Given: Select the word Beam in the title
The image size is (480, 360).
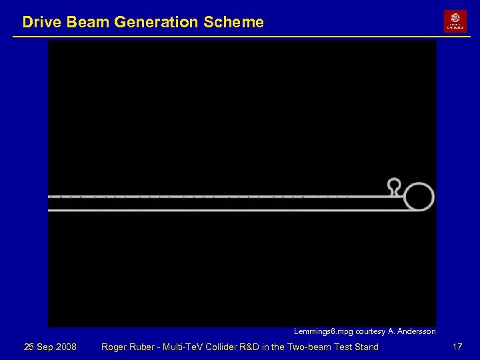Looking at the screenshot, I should (x=89, y=22).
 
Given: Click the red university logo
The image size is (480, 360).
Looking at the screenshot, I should (x=455, y=21).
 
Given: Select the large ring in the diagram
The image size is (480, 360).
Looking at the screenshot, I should (x=419, y=197).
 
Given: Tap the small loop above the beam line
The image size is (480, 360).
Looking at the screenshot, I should (x=394, y=185).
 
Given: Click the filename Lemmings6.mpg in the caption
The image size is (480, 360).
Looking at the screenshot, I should (x=323, y=331).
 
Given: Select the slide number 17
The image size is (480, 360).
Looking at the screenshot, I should (x=457, y=347).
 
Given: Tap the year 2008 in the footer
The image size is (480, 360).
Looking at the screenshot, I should (x=65, y=347).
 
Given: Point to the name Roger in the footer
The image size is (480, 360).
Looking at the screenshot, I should (x=114, y=347).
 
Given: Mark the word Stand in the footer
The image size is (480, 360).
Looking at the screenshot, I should (x=366, y=347).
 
